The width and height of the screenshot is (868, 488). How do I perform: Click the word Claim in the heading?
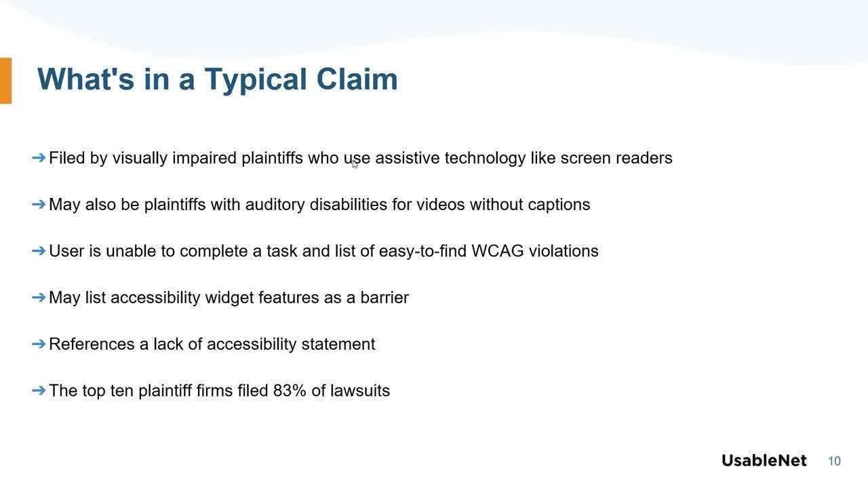tap(357, 79)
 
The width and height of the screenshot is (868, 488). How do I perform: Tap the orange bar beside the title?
tap(5, 81)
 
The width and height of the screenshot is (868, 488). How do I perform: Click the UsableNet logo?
tap(764, 461)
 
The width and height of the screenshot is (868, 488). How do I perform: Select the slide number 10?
tap(834, 462)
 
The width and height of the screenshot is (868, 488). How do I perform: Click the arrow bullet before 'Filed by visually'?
tap(39, 158)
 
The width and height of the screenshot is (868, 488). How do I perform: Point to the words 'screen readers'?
tap(616, 158)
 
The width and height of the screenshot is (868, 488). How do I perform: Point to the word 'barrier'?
tap(384, 298)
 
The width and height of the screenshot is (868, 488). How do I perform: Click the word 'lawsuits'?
tap(360, 391)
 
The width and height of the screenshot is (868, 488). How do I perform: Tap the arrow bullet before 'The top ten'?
tap(39, 391)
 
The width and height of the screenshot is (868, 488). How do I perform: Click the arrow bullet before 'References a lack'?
tap(39, 344)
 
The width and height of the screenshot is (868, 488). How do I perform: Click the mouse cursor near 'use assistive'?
tap(355, 164)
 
